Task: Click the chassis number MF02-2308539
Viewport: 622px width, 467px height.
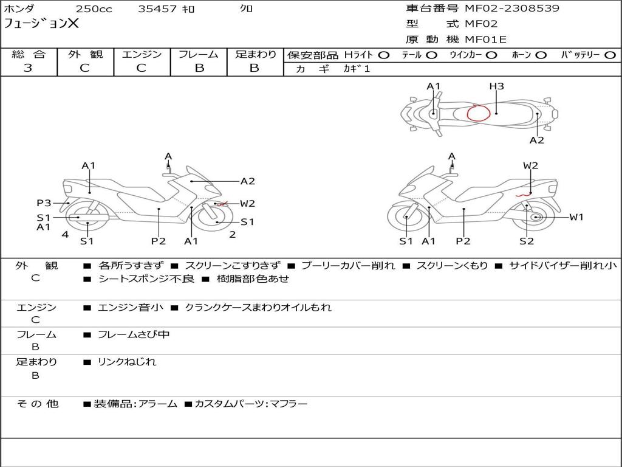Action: coord(511,9)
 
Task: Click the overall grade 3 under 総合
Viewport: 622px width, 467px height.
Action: coord(28,68)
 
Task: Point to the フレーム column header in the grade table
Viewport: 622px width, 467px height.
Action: coord(199,55)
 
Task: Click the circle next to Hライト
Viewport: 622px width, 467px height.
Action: coord(383,55)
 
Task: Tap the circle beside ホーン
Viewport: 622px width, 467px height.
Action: coord(541,55)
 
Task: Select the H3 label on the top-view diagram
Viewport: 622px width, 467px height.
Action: coord(497,86)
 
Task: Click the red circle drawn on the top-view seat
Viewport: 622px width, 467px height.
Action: coord(478,112)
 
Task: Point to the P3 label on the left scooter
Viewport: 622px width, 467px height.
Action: coord(44,203)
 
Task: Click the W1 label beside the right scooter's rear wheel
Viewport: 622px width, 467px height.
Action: coord(576,217)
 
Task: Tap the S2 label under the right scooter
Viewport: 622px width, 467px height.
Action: coord(526,241)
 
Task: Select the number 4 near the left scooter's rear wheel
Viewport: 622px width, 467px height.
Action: coord(65,235)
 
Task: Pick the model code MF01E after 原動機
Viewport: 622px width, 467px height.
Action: coord(486,40)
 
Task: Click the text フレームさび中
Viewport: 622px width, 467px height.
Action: coord(134,334)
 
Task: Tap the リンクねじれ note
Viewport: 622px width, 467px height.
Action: coord(127,362)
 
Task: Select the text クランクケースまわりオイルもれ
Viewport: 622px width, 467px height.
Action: coord(258,308)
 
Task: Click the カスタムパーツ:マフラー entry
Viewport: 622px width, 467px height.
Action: coord(251,404)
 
